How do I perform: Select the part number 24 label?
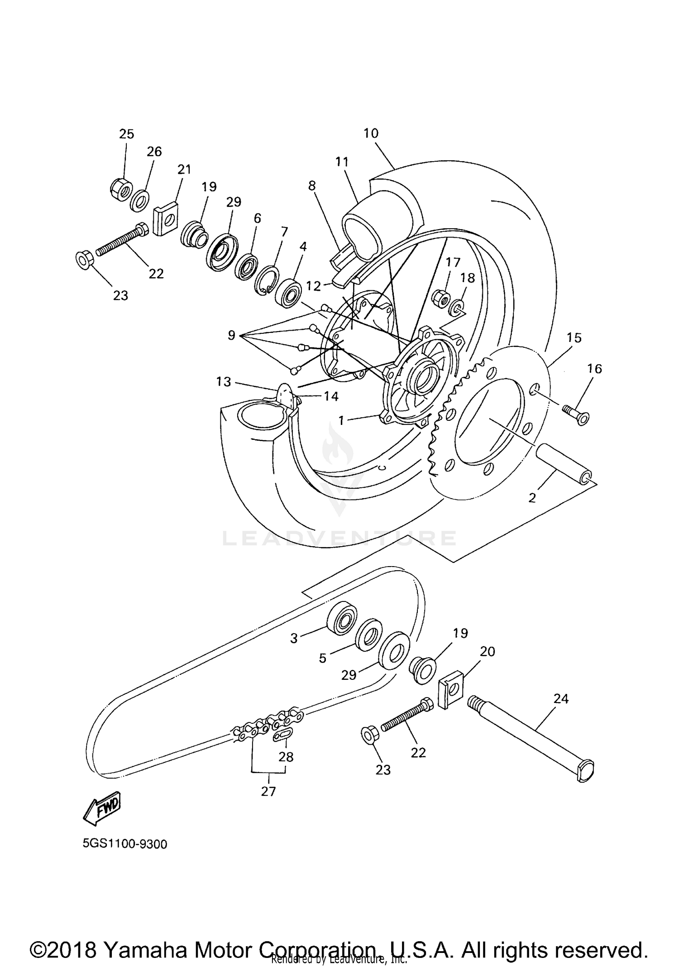point(560,699)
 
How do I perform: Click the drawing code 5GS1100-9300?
point(125,844)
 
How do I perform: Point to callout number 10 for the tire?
point(371,133)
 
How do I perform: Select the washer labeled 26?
point(140,199)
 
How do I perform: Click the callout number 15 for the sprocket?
point(574,338)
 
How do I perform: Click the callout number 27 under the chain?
point(268,791)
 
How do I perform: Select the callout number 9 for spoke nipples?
point(231,336)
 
